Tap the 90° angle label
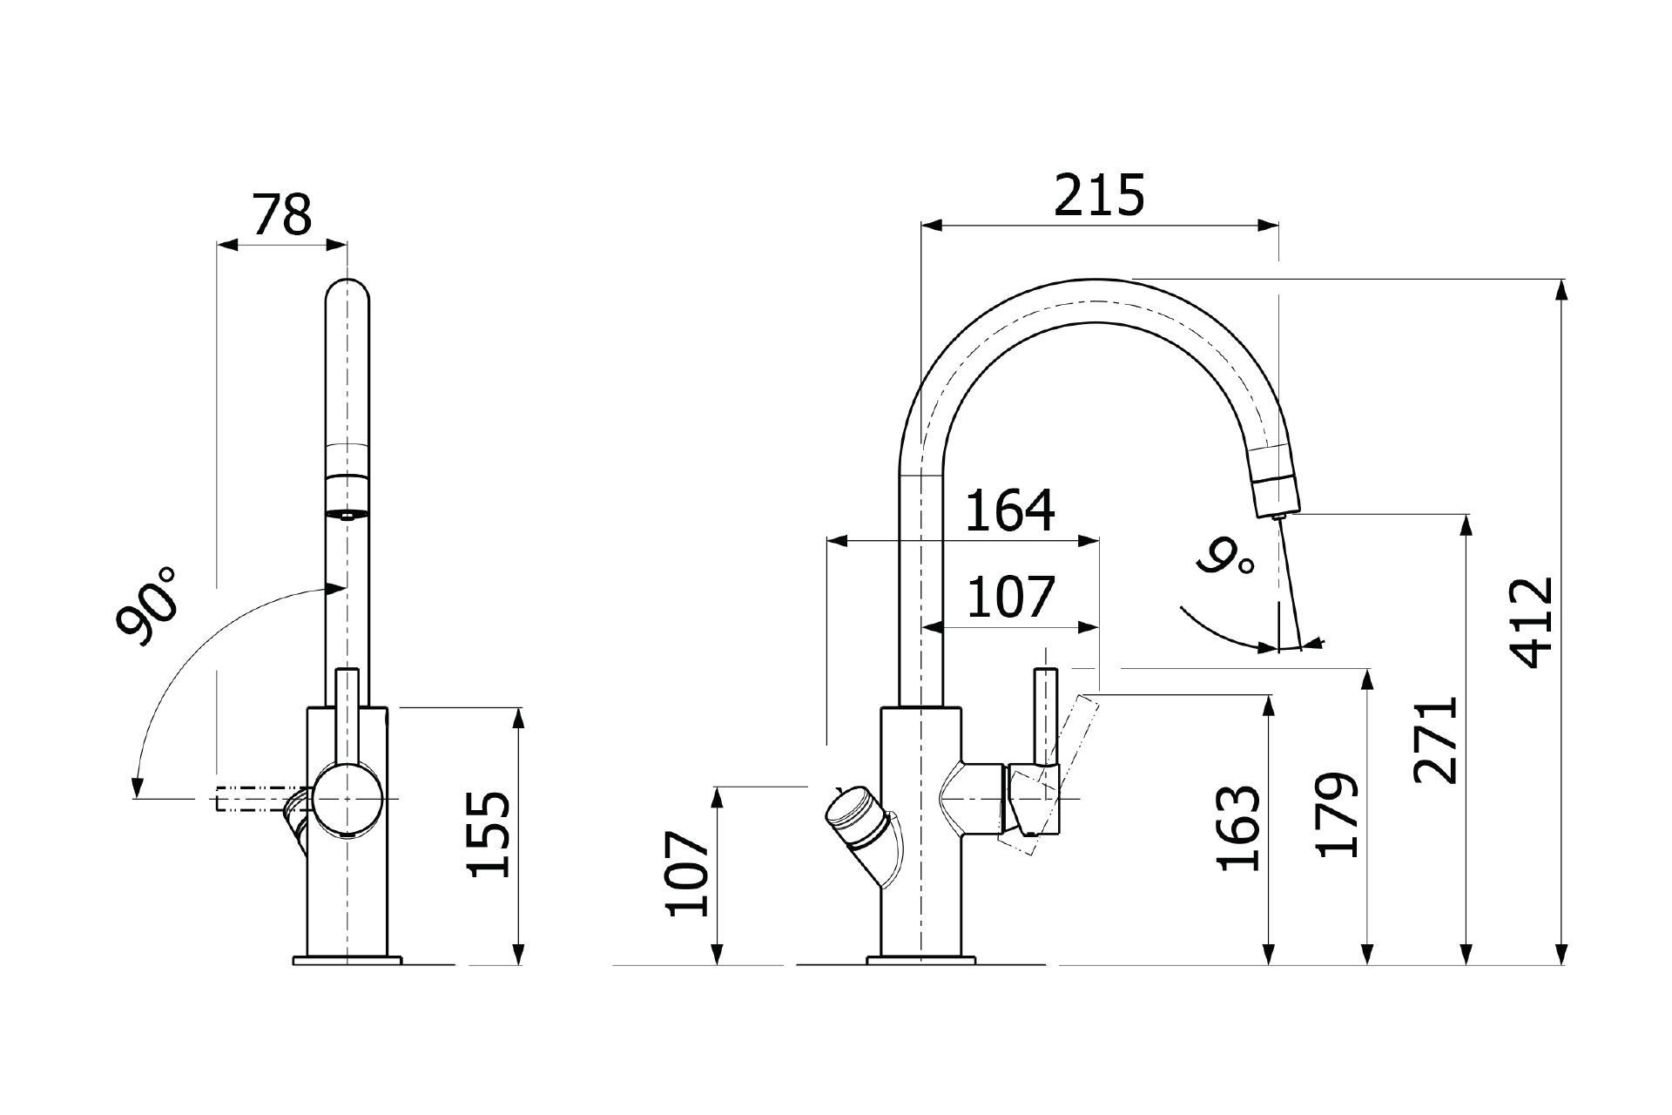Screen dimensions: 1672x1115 [x=147, y=605]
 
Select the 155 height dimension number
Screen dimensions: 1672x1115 [x=489, y=834]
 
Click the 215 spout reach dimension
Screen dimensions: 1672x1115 [x=1098, y=195]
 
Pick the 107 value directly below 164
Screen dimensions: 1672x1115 [x=1010, y=597]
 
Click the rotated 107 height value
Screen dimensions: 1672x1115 [x=686, y=873]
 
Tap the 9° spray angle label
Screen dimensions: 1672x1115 [x=1227, y=557]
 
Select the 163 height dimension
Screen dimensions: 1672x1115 [x=1238, y=828]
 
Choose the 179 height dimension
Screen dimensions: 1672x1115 [x=1337, y=814]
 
